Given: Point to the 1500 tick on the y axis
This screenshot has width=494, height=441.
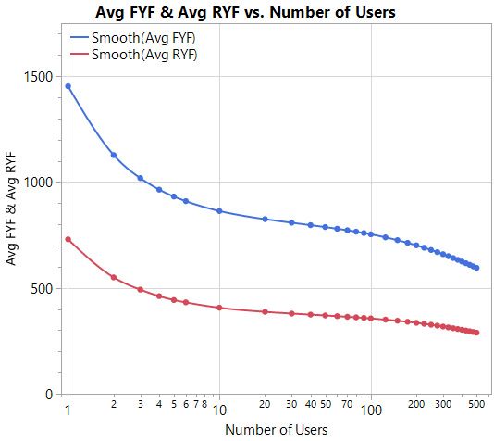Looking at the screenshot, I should tap(39, 77).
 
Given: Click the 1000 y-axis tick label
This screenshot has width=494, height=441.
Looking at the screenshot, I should tap(39, 183).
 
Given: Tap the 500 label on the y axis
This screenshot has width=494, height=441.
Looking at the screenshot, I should tap(43, 288).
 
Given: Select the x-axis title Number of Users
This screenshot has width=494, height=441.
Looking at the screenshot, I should tap(275, 429).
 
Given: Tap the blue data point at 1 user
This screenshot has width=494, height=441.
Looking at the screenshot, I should tap(68, 86).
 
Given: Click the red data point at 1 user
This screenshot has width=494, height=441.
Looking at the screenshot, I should tap(68, 239).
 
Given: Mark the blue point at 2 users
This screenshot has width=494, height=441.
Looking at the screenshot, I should tap(114, 155).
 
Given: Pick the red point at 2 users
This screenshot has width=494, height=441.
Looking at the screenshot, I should tap(114, 277).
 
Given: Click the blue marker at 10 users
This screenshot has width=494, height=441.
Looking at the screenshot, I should tap(219, 211).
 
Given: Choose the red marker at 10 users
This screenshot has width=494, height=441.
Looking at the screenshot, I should tap(219, 308).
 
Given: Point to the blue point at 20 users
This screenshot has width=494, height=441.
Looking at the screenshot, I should tap(266, 219).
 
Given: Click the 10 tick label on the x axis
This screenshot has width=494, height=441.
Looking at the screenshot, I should tap(219, 409).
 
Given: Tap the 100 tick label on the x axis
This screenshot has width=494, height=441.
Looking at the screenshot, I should tap(371, 409).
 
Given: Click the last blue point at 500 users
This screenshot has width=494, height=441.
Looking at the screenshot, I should tap(477, 268).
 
